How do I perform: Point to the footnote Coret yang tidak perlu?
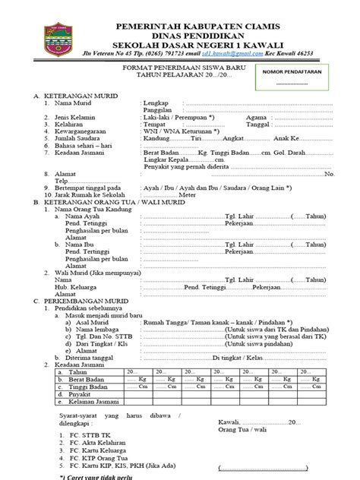(x=88, y=475)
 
